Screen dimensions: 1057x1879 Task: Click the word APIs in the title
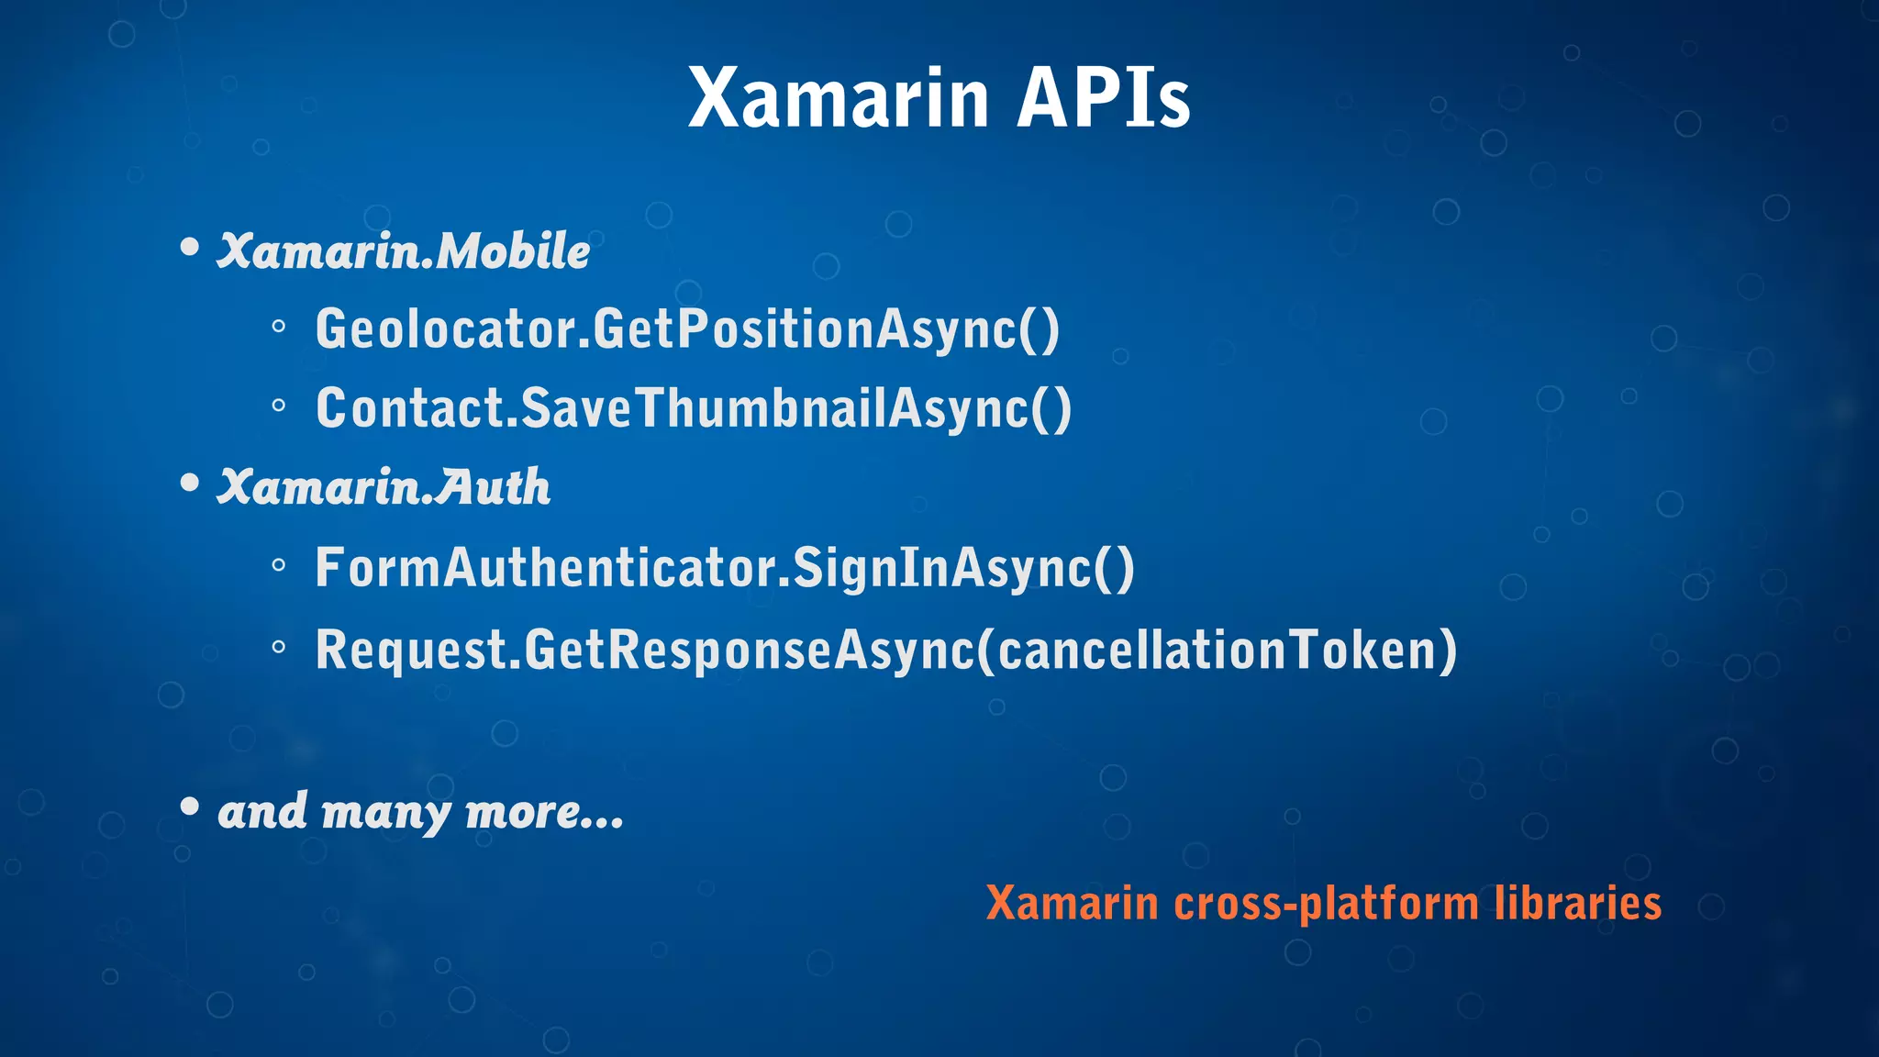1103,98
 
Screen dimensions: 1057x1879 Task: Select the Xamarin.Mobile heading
403,251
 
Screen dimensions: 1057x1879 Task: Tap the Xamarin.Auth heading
384,487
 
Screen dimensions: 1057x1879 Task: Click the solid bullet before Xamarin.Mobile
190,247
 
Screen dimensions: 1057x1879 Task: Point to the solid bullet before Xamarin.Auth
190,483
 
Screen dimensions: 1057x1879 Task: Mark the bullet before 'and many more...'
190,807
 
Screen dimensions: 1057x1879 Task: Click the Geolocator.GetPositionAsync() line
687,328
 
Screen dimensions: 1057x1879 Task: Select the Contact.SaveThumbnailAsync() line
694,408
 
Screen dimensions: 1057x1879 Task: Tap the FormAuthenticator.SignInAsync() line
725,568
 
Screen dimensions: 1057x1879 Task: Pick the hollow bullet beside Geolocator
279,326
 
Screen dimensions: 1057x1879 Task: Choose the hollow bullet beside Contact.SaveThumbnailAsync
279,405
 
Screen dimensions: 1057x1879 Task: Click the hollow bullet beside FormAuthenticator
279,566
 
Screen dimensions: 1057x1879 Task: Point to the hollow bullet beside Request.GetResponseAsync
279,647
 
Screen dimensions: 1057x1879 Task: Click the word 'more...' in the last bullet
544,812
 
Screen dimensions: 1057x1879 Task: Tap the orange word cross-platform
1327,904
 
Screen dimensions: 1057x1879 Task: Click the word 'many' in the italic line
385,814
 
